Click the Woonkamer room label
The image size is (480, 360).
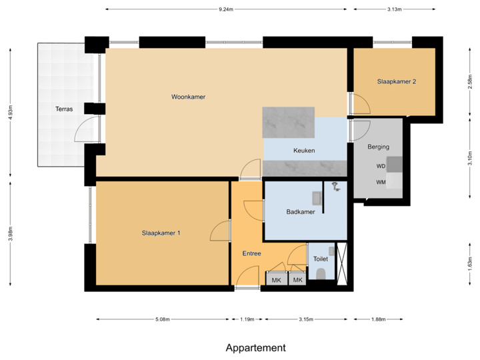pyautogui.click(x=188, y=97)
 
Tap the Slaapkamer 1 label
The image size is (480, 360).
pyautogui.click(x=161, y=233)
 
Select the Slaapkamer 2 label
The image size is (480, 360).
pyautogui.click(x=397, y=82)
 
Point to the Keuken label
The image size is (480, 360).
pyautogui.click(x=304, y=151)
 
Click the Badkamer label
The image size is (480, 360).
pyautogui.click(x=301, y=212)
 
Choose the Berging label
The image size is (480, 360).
pyautogui.click(x=378, y=147)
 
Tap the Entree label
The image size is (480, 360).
pyautogui.click(x=251, y=253)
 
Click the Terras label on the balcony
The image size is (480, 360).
pyautogui.click(x=64, y=108)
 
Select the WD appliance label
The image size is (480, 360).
pyautogui.click(x=381, y=166)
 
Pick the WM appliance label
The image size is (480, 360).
pyautogui.click(x=381, y=182)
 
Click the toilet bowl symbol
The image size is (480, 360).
pyautogui.click(x=321, y=274)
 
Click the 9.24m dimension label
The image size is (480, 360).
pyautogui.click(x=226, y=9)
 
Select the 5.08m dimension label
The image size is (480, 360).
pyautogui.click(x=163, y=319)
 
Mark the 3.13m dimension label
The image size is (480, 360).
pyautogui.click(x=394, y=9)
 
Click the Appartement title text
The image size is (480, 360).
pyautogui.click(x=256, y=348)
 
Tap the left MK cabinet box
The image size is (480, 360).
pyautogui.click(x=276, y=280)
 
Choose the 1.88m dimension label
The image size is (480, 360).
pyautogui.click(x=378, y=319)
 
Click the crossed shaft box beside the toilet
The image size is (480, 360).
pyautogui.click(x=343, y=264)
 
